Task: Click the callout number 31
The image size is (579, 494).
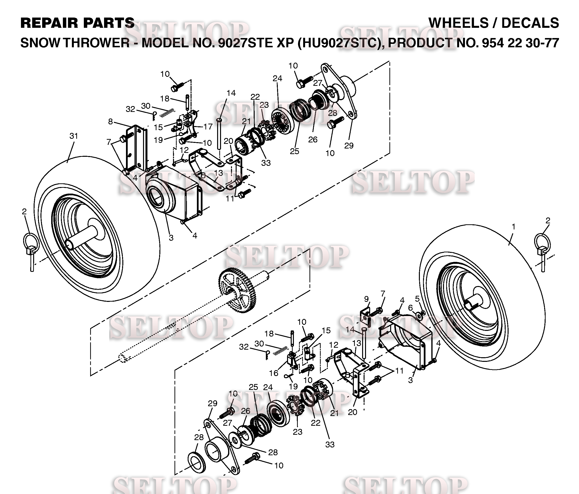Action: [74, 136]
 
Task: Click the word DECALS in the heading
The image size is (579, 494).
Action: [530, 23]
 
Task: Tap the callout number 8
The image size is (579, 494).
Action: [111, 122]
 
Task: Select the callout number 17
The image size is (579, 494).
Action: [208, 127]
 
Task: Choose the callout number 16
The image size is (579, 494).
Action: [274, 373]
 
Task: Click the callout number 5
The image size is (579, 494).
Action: [417, 299]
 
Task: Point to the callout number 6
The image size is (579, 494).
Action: [410, 308]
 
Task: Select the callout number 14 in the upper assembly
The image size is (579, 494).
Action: [231, 93]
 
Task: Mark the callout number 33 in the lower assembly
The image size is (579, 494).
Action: [330, 444]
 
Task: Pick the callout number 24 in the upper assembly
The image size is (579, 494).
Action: [277, 79]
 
